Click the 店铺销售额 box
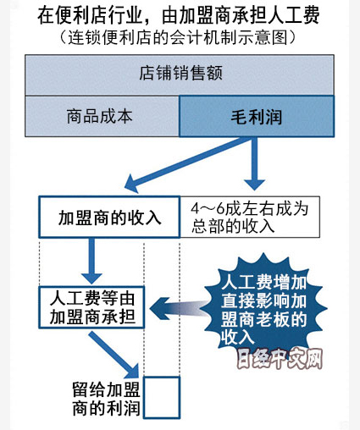[180, 75]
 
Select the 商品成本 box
[102, 116]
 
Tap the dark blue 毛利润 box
[257, 116]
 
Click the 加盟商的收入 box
[109, 217]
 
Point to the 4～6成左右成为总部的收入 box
[250, 217]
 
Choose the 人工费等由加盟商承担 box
[91, 307]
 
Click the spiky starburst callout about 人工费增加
[263, 307]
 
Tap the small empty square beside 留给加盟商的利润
[162, 397]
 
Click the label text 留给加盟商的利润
[106, 399]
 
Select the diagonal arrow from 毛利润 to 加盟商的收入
[188, 163]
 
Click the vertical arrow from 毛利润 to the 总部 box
[254, 163]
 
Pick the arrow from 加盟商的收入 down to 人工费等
[91, 261]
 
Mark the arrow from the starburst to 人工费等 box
[178, 308]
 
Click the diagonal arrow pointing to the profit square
[114, 355]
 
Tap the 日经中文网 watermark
[280, 359]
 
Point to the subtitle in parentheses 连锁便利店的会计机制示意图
[178, 37]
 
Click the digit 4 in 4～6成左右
[196, 208]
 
